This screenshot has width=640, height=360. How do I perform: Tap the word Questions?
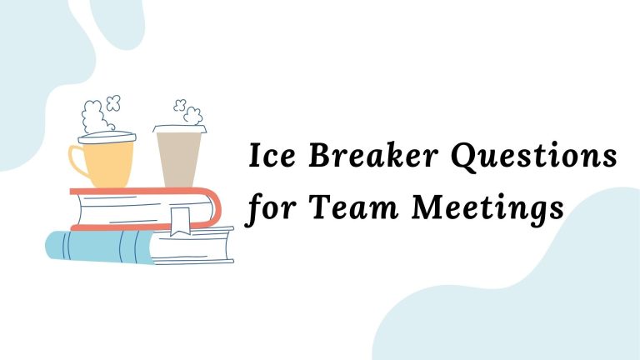click(x=535, y=157)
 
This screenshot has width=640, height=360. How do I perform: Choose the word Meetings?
click(x=487, y=209)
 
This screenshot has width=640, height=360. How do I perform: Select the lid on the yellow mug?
click(x=107, y=137)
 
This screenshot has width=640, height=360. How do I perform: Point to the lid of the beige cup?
click(x=180, y=129)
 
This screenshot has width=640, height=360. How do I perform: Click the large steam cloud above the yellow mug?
click(x=93, y=116)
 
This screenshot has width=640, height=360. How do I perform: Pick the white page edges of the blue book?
click(x=192, y=247)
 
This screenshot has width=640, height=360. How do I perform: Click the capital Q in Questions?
click(x=466, y=157)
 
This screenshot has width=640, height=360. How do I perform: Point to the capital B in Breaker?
click(x=323, y=155)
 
